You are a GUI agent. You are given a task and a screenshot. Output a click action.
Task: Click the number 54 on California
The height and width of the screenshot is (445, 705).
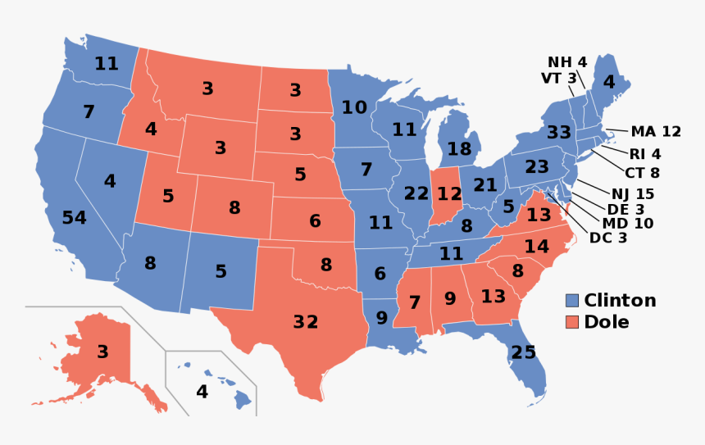point(74,218)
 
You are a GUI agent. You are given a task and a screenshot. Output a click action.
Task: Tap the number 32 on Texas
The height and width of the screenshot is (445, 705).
point(305,322)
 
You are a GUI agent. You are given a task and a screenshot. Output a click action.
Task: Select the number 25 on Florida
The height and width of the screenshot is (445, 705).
point(523,352)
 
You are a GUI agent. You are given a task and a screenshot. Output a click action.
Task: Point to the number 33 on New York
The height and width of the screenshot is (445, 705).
point(559,133)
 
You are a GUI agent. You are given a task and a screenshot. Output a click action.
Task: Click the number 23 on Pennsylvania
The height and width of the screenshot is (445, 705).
point(537,167)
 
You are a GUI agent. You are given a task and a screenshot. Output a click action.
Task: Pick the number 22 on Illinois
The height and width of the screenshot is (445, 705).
point(416,193)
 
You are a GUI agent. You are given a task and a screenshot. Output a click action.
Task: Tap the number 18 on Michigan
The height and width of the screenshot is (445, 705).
point(459,149)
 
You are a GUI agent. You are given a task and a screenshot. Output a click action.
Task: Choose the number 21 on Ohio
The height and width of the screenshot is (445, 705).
point(485,185)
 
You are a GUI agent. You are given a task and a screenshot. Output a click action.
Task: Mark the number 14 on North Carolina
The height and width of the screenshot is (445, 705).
point(537,246)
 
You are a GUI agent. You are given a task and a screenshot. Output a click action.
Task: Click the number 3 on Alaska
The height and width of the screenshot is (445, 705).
point(102,352)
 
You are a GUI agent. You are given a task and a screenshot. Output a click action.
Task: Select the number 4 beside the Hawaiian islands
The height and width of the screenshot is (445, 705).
point(202,392)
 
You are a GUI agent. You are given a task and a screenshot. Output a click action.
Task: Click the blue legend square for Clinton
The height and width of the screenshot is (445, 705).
point(572,301)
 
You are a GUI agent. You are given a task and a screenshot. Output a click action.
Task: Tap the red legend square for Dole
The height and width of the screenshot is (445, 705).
point(572,322)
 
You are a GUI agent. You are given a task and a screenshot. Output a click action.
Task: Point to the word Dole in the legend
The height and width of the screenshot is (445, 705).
point(607,322)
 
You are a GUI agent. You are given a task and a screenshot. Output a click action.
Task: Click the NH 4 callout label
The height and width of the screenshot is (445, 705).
point(567,62)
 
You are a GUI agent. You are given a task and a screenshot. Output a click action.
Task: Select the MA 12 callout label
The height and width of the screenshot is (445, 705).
point(656,131)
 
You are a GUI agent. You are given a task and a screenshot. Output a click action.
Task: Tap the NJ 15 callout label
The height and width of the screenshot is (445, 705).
point(633,194)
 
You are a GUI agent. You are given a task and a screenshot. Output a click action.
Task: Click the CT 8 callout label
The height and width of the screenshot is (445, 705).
point(642,173)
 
